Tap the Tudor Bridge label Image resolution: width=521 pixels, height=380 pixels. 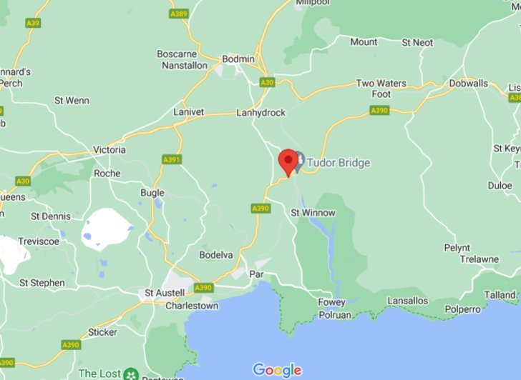click(x=339, y=163)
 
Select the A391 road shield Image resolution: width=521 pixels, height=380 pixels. click(x=171, y=159)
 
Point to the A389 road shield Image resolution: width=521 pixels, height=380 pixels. click(x=178, y=14)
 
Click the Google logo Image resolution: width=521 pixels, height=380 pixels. click(x=277, y=369)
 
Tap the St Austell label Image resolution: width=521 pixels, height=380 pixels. click(x=165, y=293)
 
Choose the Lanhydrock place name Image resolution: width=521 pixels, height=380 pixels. click(x=261, y=113)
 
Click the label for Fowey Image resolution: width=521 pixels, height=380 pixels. click(x=331, y=302)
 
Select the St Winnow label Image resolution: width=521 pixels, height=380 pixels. click(x=313, y=213)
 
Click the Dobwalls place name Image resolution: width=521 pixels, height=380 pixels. click(x=468, y=84)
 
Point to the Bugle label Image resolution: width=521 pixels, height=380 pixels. click(x=152, y=193)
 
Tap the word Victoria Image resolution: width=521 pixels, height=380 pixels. click(x=109, y=150)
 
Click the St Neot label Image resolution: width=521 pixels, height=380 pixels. click(x=417, y=42)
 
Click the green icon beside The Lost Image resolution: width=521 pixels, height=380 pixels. click(x=130, y=374)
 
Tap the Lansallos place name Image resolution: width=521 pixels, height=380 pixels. click(x=408, y=301)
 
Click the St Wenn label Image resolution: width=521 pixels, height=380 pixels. click(x=72, y=101)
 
